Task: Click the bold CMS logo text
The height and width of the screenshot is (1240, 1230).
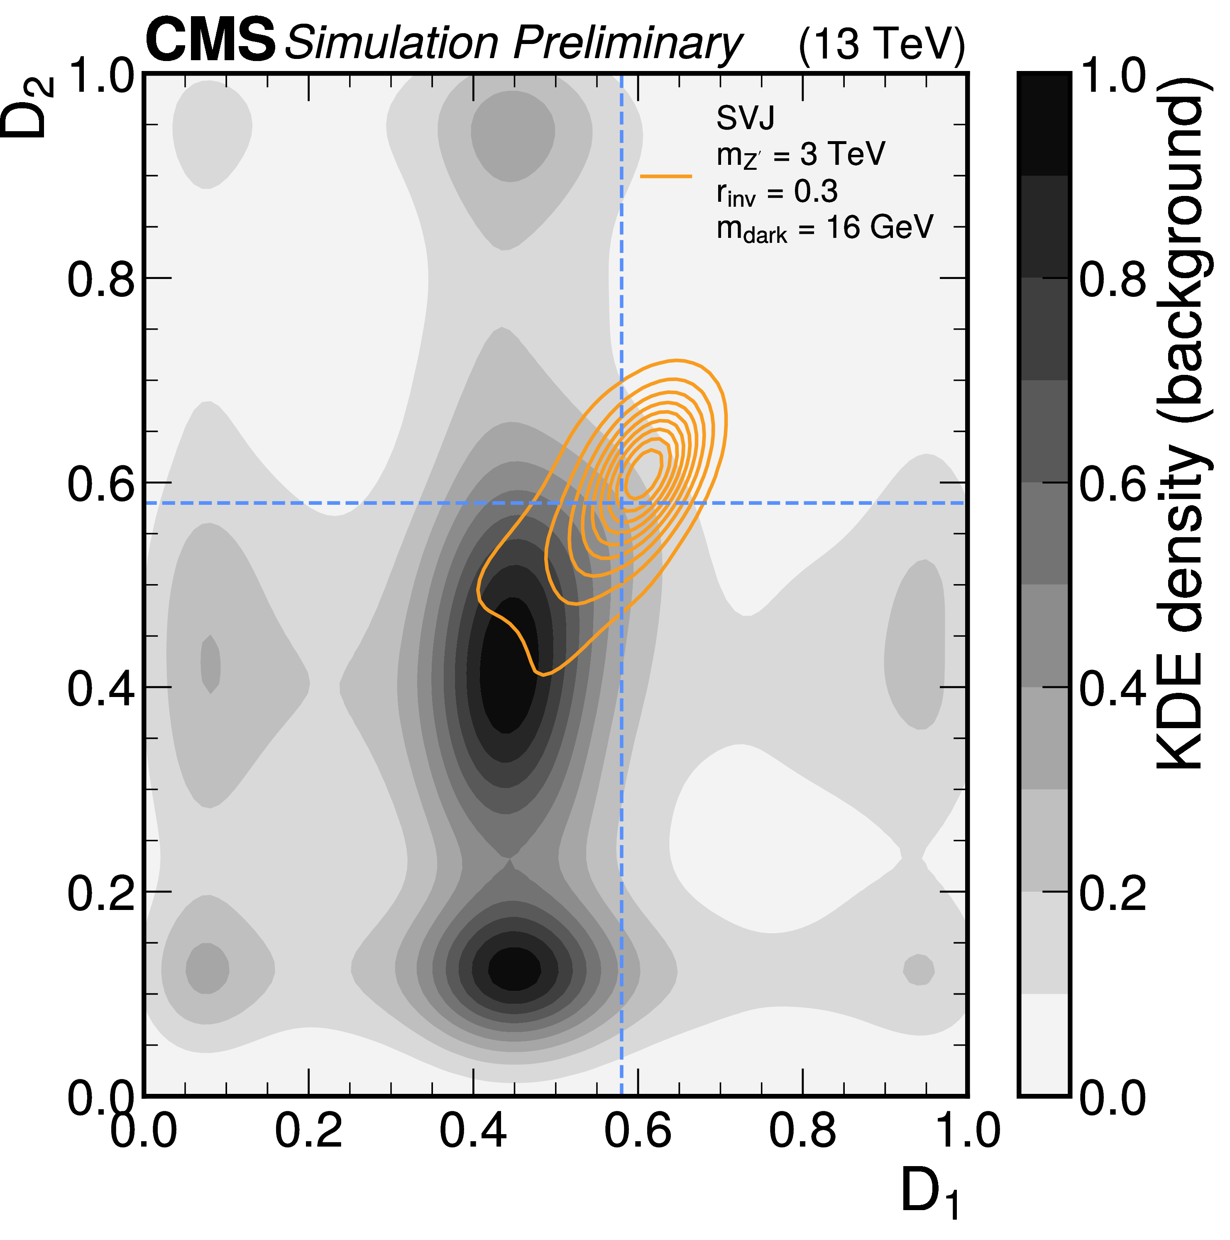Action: (x=210, y=41)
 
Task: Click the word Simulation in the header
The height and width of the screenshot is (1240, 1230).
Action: (x=391, y=44)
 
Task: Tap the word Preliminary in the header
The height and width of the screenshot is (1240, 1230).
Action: (x=627, y=44)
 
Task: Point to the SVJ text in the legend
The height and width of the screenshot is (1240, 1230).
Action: (x=745, y=117)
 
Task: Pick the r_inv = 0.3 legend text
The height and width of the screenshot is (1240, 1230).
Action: (x=777, y=193)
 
